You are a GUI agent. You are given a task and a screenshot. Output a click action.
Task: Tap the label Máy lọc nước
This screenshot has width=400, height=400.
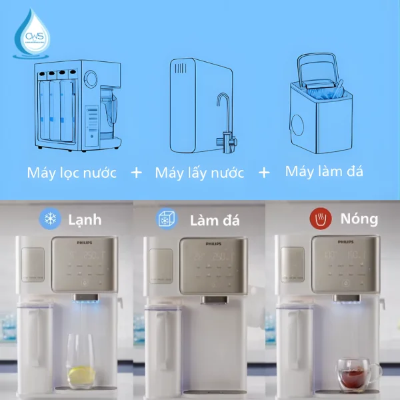72,173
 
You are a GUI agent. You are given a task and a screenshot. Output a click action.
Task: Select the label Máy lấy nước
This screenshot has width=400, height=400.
199,173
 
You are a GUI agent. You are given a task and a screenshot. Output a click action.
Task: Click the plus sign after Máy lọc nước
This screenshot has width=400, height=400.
136,173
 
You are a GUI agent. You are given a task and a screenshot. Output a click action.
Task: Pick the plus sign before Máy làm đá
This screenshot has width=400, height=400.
264,173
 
